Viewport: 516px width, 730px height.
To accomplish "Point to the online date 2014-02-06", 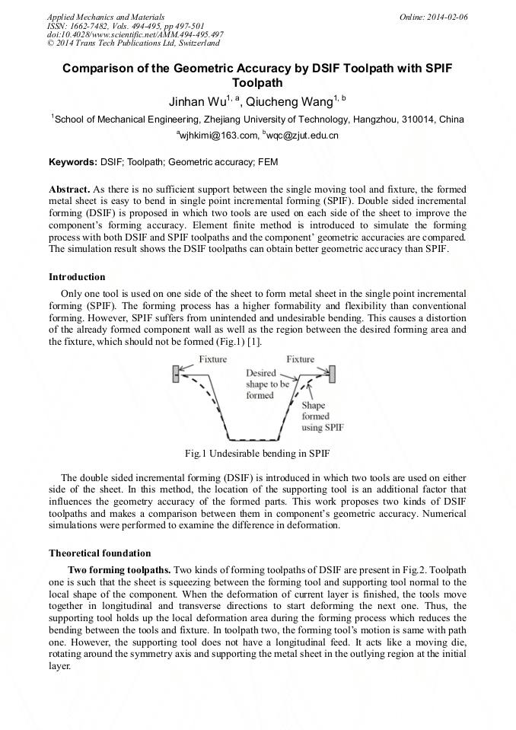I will [x=447, y=17].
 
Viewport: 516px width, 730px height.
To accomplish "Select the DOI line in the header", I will [x=135, y=34].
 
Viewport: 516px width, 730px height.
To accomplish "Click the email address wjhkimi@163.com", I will [x=217, y=135].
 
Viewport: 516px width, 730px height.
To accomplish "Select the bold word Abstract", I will [x=68, y=188].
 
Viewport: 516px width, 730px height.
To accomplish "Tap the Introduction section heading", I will [x=77, y=276].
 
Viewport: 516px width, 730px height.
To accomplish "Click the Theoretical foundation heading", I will [x=100, y=553].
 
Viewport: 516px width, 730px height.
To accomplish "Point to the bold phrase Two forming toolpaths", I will [x=119, y=569].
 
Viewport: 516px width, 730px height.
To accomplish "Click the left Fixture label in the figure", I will [x=212, y=359].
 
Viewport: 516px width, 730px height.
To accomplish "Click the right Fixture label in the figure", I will [x=300, y=359].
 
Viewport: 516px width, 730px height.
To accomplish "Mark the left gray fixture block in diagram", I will [x=177, y=372].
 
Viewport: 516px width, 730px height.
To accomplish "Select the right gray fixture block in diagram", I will [x=332, y=374].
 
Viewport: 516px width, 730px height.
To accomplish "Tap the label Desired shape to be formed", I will [x=267, y=384].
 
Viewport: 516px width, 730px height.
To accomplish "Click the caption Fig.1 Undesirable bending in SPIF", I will [x=257, y=454].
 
